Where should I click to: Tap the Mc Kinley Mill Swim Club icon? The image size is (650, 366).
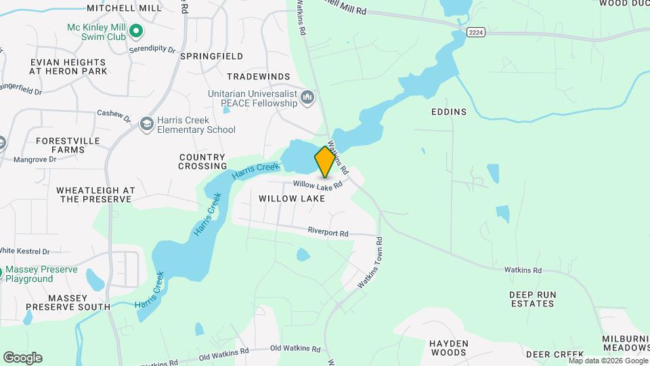[135, 30]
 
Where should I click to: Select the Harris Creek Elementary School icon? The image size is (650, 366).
[146, 124]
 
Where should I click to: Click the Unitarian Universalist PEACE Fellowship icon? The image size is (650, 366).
[308, 98]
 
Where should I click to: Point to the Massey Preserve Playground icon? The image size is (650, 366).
[3, 274]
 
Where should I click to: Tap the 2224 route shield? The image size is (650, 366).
[475, 32]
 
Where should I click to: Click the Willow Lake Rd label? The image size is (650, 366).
[318, 184]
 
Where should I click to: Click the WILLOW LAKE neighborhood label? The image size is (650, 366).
[292, 199]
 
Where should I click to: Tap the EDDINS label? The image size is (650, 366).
[448, 112]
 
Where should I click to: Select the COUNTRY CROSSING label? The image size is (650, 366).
[202, 161]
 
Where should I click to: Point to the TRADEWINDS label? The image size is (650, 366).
[259, 77]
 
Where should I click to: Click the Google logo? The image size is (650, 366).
[22, 357]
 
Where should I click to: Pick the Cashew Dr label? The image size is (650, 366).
[113, 115]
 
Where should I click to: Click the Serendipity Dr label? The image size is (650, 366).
[152, 50]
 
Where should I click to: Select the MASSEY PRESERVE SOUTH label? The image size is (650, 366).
[79, 302]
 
